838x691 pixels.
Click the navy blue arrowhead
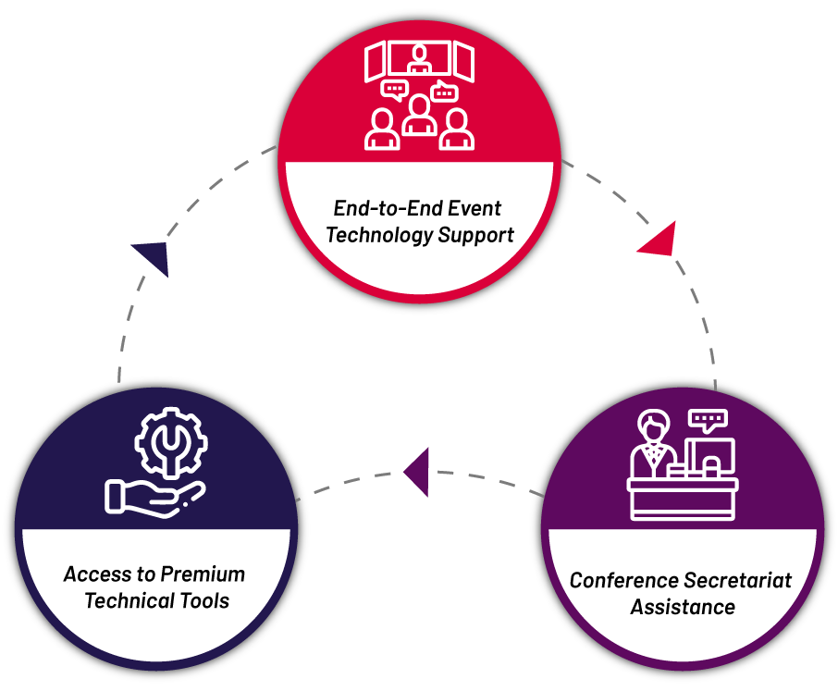pos(153,256)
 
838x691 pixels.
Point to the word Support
pos(476,235)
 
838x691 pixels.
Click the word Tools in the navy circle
pos(203,601)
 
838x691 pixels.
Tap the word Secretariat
pos(736,581)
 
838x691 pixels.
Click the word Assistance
pos(683,608)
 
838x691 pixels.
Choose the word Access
pos(91,574)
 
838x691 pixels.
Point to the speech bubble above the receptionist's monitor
pos(709,422)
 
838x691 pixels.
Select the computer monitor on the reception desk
pos(710,456)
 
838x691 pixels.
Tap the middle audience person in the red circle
pos(420,117)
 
